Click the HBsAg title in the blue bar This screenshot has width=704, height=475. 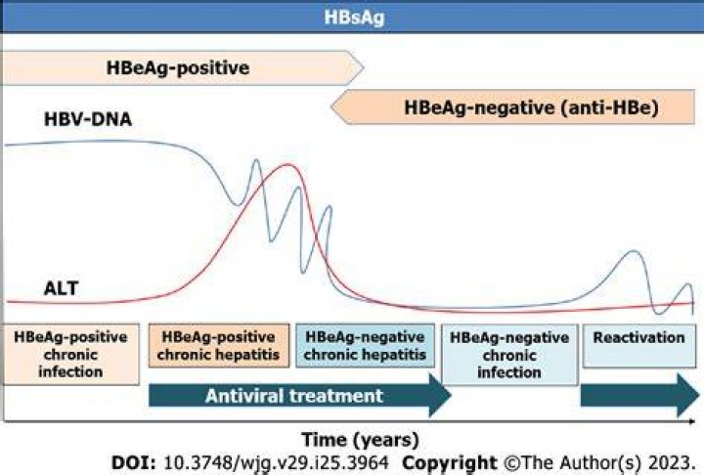pyautogui.click(x=354, y=18)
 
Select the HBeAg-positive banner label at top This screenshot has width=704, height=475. pyautogui.click(x=178, y=67)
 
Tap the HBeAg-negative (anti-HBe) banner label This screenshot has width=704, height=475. pyautogui.click(x=531, y=108)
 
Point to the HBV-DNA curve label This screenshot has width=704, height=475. pyautogui.click(x=88, y=119)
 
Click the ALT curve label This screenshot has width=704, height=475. pyautogui.click(x=61, y=288)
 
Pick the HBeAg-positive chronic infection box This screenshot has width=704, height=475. pyautogui.click(x=71, y=354)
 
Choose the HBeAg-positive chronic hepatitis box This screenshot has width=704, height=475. pyautogui.click(x=219, y=346)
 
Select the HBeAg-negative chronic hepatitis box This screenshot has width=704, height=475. pyautogui.click(x=365, y=346)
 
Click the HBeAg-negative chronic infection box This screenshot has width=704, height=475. pyautogui.click(x=509, y=355)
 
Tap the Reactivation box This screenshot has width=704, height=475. pyautogui.click(x=638, y=346)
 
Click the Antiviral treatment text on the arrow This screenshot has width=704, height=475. pyautogui.click(x=294, y=396)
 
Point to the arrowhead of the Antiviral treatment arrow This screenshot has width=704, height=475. pyautogui.click(x=451, y=396)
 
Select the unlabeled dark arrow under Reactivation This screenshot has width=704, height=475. pyautogui.click(x=639, y=396)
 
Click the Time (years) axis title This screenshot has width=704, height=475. pyautogui.click(x=360, y=439)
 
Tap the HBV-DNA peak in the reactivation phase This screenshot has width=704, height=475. pyautogui.click(x=634, y=251)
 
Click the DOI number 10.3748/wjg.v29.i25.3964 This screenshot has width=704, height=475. pyautogui.click(x=275, y=462)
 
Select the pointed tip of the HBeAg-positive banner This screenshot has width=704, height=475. pyautogui.click(x=363, y=67)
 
